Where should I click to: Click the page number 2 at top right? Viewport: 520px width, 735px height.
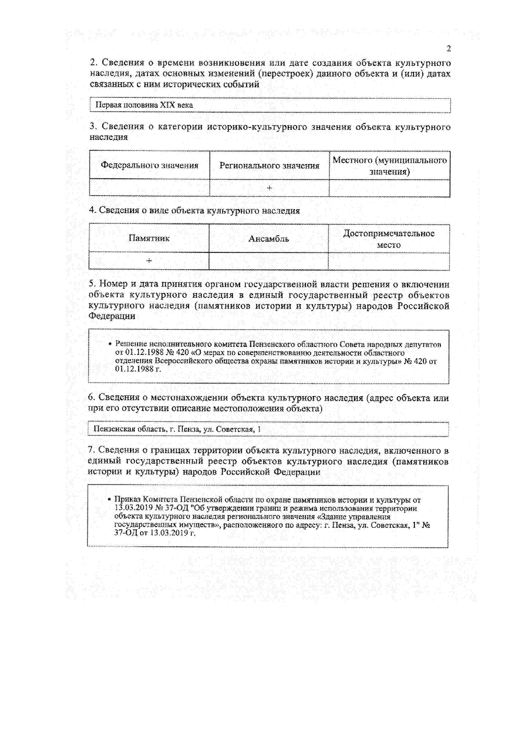448,48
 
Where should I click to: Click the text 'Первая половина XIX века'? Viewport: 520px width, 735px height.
144,105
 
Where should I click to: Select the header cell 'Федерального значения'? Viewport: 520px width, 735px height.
149,165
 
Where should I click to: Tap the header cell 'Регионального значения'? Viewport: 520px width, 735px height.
269,165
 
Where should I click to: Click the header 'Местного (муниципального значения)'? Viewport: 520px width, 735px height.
389,166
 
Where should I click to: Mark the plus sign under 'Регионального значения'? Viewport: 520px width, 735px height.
269,188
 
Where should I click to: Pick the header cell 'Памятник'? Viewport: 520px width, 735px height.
149,238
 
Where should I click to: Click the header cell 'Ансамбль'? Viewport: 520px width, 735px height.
269,239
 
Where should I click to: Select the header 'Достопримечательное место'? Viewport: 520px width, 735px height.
389,239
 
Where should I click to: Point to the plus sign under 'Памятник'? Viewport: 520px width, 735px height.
149,261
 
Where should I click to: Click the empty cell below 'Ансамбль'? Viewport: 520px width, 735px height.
269,261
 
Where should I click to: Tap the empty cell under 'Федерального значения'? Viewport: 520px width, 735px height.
149,188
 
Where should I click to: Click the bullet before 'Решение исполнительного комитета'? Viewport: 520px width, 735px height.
110,345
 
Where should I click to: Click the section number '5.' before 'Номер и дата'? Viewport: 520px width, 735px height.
92,284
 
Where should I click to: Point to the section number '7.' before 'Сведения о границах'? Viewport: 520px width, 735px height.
91,451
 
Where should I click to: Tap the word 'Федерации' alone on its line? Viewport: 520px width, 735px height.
112,316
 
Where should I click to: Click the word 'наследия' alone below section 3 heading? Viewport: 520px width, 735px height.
109,137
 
